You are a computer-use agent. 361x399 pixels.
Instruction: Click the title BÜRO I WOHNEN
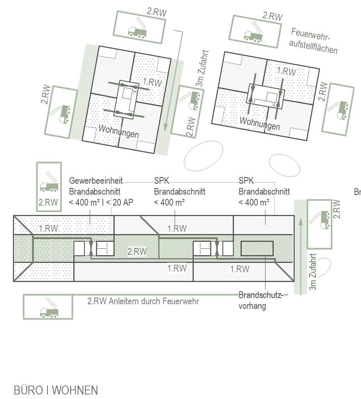coord(56,390)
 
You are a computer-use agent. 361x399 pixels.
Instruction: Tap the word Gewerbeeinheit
coord(96,181)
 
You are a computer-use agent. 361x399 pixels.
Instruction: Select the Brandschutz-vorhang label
coord(261,300)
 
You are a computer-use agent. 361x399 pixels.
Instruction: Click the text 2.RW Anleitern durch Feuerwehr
coord(143,301)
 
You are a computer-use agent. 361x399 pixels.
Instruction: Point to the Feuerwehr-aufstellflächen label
coord(313,41)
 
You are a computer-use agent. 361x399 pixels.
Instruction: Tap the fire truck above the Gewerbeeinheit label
coord(49,182)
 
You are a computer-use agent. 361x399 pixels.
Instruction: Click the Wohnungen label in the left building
coord(119,131)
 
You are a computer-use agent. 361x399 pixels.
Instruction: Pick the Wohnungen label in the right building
coord(260,123)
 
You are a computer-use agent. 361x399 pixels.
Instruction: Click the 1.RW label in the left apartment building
coord(152,82)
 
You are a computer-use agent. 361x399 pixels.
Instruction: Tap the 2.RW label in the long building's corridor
coord(137,252)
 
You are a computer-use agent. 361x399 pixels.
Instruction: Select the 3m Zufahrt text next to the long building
coord(313,272)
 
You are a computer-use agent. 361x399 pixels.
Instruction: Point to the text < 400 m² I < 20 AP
coord(101,202)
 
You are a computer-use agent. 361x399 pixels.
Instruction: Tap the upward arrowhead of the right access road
coord(301,222)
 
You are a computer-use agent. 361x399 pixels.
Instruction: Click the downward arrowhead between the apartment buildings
coord(166,127)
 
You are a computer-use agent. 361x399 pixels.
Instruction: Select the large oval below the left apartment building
coord(203,156)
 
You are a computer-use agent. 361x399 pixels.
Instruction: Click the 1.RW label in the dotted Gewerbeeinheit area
coord(48,228)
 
